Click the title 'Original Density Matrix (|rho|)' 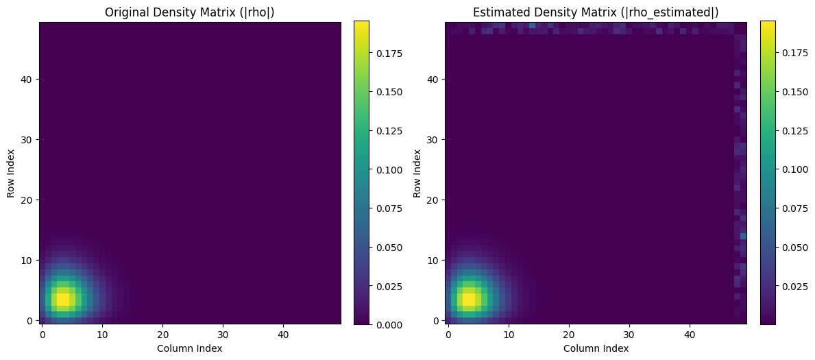point(190,12)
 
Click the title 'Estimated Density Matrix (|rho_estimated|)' point(596,12)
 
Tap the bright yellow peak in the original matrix point(63,299)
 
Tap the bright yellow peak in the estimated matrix point(469,299)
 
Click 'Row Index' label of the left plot point(12,173)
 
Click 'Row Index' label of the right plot point(417,173)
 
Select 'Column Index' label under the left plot point(190,348)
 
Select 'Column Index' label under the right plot point(596,348)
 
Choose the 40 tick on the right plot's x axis point(690,335)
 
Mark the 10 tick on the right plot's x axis point(509,335)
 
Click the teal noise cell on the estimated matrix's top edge point(532,25)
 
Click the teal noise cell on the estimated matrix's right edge point(743,236)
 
